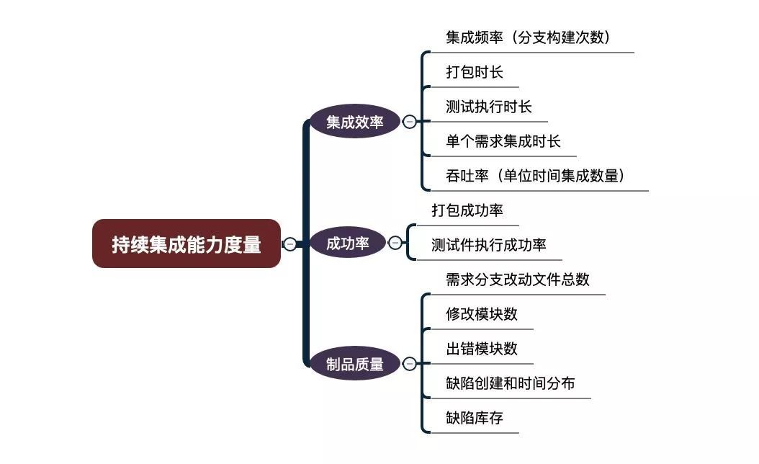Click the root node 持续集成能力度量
pyautogui.click(x=186, y=244)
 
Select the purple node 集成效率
pyautogui.click(x=354, y=122)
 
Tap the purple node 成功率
pyautogui.click(x=347, y=243)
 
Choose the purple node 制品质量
pyautogui.click(x=354, y=364)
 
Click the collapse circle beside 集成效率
pyautogui.click(x=409, y=122)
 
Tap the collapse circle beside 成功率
pyautogui.click(x=395, y=243)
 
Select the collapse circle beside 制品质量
pyautogui.click(x=409, y=364)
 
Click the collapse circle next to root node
pyautogui.click(x=289, y=244)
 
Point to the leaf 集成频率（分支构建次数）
pyautogui.click(x=528, y=37)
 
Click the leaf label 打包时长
pyautogui.click(x=474, y=72)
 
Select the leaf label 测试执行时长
pyautogui.click(x=488, y=107)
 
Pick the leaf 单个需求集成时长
pyautogui.click(x=503, y=141)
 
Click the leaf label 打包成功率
pyautogui.click(x=467, y=210)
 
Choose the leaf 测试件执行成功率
pyautogui.click(x=488, y=245)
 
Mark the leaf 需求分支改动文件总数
pyautogui.click(x=517, y=280)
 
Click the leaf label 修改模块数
pyautogui.click(x=481, y=314)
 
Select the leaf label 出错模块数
pyautogui.click(x=481, y=349)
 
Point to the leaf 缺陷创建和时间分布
pyautogui.click(x=510, y=383)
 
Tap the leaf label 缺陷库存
pyautogui.click(x=474, y=418)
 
